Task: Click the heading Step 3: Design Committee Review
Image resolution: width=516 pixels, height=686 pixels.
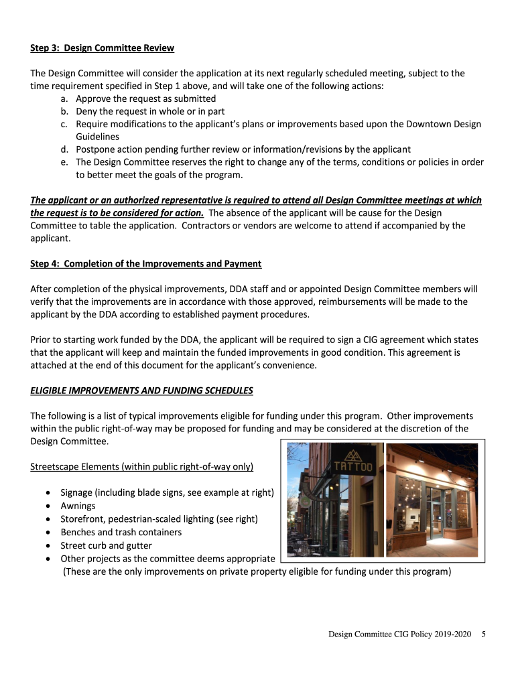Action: pos(102,48)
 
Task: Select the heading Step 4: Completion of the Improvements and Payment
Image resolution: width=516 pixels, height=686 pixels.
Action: pos(145,263)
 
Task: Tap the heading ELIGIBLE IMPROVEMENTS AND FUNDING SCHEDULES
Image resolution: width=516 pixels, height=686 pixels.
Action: pos(141,391)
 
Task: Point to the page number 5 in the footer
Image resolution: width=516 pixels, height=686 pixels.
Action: pos(484,634)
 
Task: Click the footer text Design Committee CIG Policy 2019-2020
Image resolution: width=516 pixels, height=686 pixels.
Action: pos(399,634)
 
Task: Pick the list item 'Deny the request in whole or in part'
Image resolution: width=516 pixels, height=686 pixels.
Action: pos(150,111)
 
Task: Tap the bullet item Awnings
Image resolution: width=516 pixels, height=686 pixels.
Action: pos(78,506)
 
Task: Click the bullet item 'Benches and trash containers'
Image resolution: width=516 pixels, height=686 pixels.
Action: pos(121,532)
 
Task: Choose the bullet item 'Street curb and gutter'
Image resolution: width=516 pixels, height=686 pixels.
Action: pos(106,545)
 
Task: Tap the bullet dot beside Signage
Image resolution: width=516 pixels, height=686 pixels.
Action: pos(50,493)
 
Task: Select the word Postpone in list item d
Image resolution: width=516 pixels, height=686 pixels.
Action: pos(96,149)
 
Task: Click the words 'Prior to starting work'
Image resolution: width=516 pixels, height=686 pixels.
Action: pos(74,340)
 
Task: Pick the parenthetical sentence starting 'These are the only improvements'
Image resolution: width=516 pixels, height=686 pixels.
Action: pos(257,571)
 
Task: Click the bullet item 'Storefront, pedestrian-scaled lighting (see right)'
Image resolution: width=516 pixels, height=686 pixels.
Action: pos(159,519)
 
